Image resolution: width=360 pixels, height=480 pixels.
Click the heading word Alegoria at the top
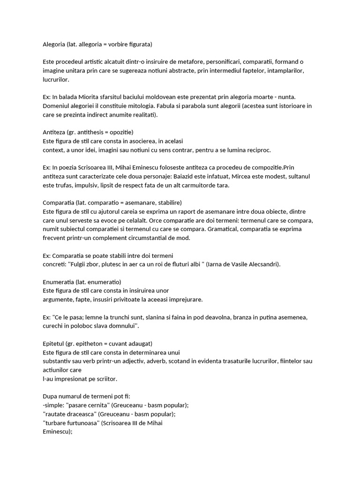coord(54,45)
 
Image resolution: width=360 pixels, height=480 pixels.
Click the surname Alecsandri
coord(261,264)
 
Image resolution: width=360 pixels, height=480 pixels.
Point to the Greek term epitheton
coord(92,343)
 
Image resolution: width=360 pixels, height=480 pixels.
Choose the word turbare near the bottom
coord(56,423)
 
